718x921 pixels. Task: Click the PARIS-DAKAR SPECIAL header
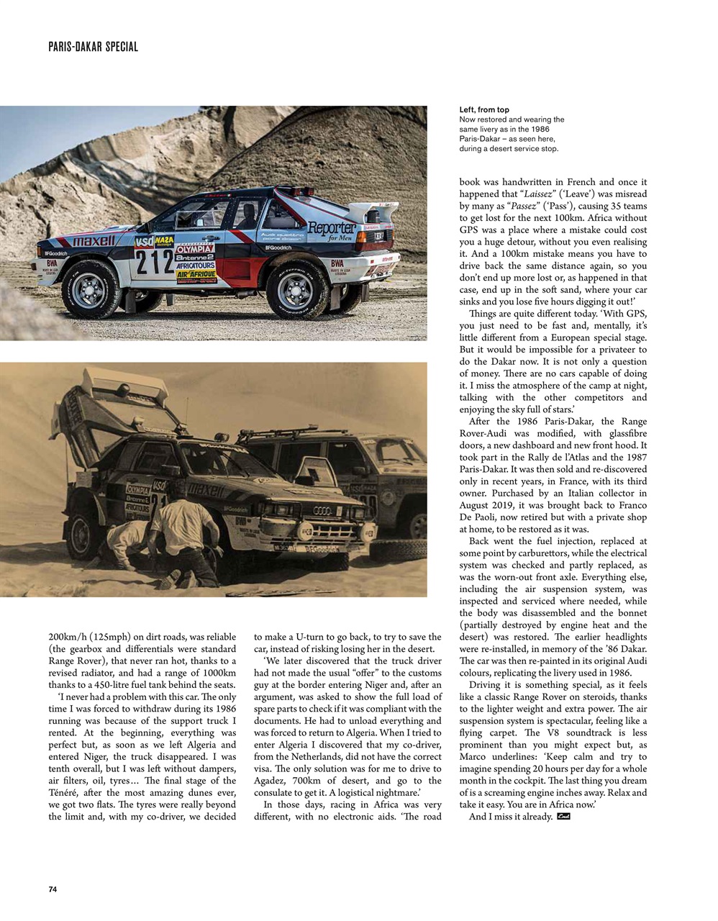point(93,47)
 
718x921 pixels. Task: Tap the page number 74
point(53,889)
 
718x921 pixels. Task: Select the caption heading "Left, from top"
point(484,110)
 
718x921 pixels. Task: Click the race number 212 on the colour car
point(154,263)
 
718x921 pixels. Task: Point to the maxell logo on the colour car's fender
point(93,240)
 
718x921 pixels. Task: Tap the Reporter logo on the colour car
point(332,229)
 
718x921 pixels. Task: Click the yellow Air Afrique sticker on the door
point(196,275)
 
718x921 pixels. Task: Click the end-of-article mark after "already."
point(563,816)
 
